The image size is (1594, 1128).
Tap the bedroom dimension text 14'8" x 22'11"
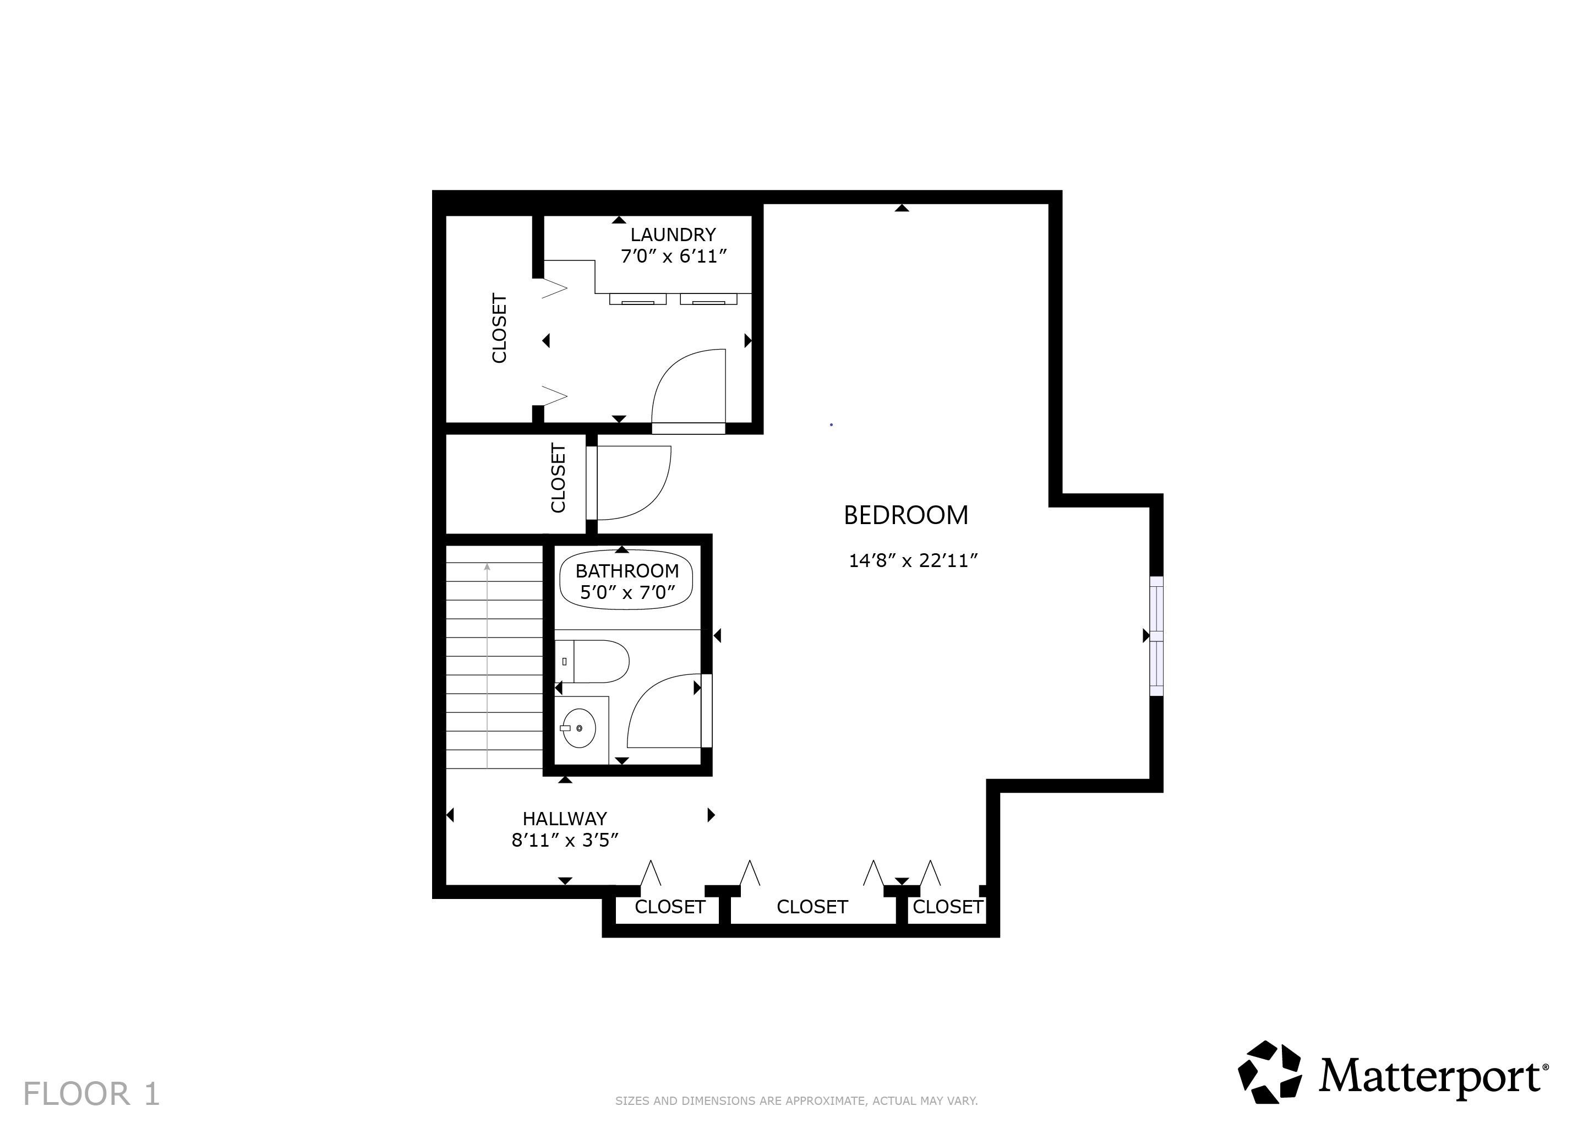[x=913, y=560]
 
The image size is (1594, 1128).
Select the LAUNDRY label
[x=673, y=235]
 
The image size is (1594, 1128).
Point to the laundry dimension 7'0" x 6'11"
[x=673, y=257]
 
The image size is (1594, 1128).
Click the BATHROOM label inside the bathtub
[x=627, y=571]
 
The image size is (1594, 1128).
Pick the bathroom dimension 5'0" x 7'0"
[x=627, y=592]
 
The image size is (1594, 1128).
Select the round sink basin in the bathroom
[x=579, y=727]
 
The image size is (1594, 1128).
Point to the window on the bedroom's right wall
[x=1156, y=635]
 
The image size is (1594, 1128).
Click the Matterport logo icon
[x=1270, y=1072]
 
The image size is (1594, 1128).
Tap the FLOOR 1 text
[x=91, y=1094]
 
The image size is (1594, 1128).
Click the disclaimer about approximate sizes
[x=796, y=1101]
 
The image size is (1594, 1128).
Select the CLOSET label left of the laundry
[x=499, y=328]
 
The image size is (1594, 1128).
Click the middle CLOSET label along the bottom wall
[x=812, y=907]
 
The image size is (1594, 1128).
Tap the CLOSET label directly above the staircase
[x=558, y=478]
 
